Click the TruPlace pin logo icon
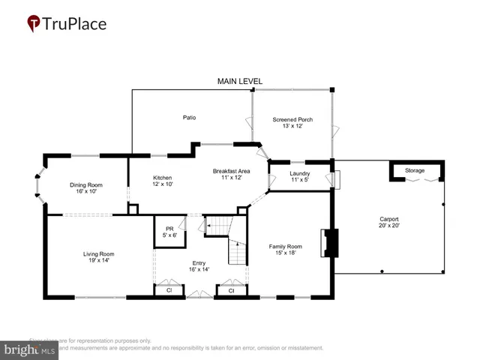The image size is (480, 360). pos(34,24)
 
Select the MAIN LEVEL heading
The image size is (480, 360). pos(240,81)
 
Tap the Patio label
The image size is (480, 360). pos(189,118)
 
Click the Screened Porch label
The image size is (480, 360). pos(292,119)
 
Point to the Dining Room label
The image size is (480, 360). pos(86,184)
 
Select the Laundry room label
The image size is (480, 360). pos(300,174)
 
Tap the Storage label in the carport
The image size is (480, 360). pos(415,171)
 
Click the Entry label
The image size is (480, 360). pos(199,262)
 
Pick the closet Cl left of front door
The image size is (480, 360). pos(169,289)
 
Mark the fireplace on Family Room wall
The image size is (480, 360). pos(329,242)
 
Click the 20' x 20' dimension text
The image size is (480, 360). pos(390,225)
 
